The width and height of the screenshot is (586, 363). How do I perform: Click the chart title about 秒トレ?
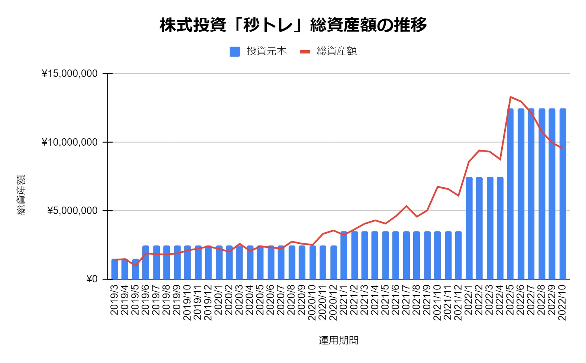(293, 25)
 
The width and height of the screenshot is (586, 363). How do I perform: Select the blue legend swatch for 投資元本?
(234, 52)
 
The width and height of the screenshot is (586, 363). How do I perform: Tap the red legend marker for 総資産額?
(305, 52)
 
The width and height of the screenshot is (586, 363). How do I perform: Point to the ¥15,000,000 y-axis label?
(69, 74)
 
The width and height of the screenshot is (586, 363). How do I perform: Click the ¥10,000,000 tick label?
(69, 142)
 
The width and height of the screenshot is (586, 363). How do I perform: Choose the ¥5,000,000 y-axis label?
(72, 211)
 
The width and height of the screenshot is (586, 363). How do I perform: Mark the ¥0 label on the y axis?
(91, 279)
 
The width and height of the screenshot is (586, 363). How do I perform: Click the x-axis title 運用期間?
(338, 340)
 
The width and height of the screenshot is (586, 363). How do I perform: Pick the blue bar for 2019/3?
(115, 269)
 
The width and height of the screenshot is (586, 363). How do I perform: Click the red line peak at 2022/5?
(511, 97)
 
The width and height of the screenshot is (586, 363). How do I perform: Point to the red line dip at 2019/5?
(136, 265)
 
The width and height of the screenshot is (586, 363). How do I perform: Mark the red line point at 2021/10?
(438, 187)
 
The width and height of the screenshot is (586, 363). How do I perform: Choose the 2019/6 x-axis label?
(146, 299)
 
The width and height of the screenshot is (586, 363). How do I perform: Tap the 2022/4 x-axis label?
(500, 299)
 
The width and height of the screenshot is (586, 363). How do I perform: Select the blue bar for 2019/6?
(146, 262)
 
